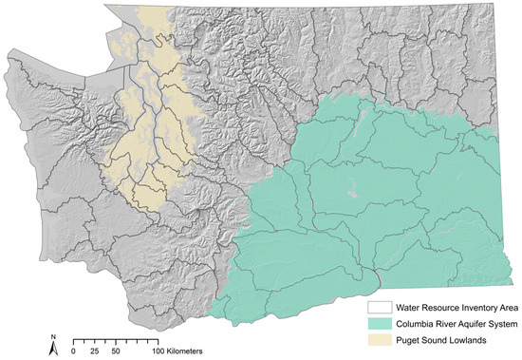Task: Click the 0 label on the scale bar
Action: (x=74, y=351)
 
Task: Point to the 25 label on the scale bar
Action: (x=95, y=351)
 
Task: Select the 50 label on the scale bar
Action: (x=115, y=351)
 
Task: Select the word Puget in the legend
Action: (x=408, y=340)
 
